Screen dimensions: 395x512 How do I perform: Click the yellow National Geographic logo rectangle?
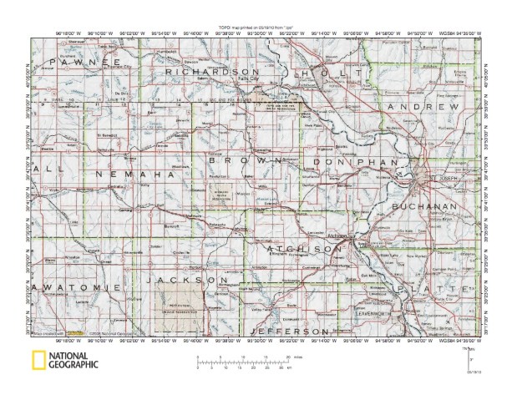[x=38, y=362]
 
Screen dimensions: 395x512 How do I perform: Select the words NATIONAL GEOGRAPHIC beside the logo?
[x=74, y=362]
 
